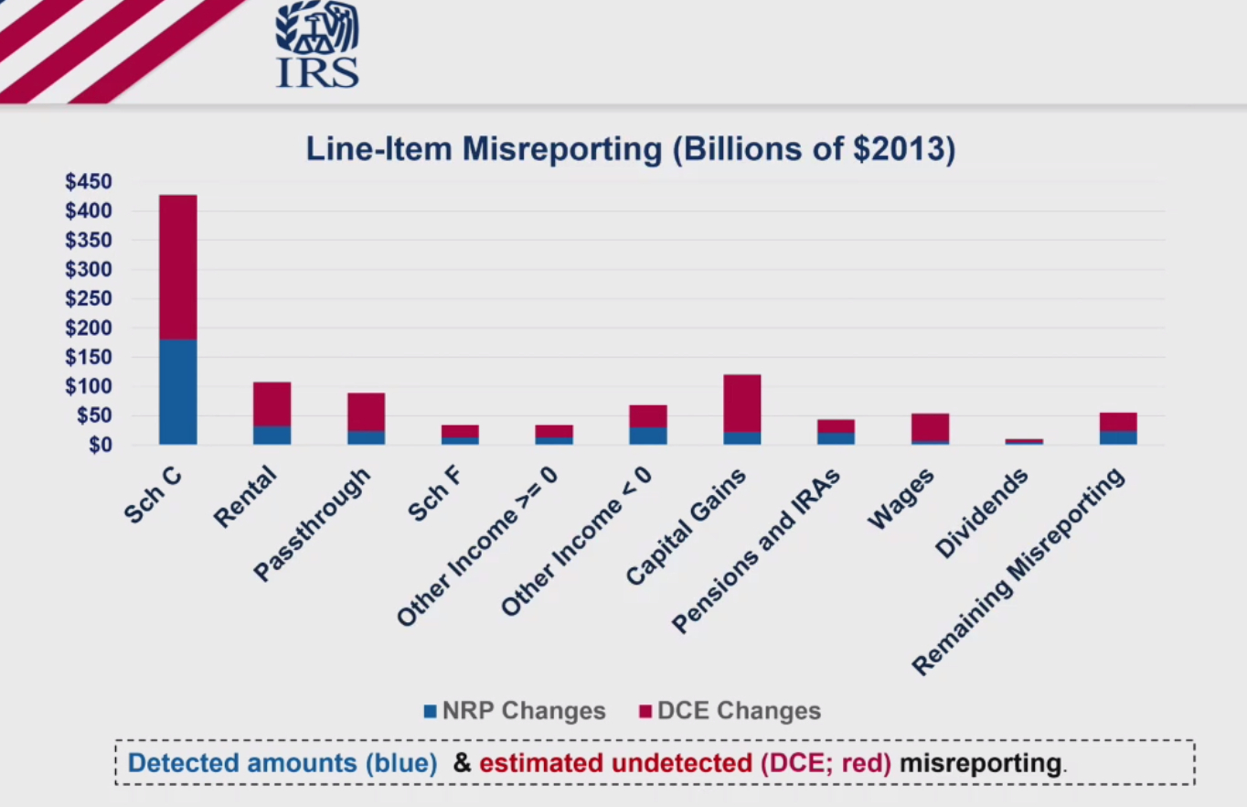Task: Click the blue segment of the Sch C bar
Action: (177, 392)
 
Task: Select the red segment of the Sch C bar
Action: (177, 266)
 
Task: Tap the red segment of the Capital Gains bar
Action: (741, 403)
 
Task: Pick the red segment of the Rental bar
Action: (272, 403)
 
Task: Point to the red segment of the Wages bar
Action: (930, 427)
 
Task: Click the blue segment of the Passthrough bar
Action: (366, 437)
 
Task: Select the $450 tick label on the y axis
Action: (89, 182)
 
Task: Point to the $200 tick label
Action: (89, 328)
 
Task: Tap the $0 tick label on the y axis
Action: (97, 445)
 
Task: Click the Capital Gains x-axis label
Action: (687, 527)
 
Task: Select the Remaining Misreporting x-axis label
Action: (1019, 573)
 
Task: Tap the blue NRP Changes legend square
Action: (431, 711)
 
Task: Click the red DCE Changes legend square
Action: (645, 711)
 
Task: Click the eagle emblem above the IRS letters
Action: (317, 29)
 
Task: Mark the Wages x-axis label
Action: (901, 500)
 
